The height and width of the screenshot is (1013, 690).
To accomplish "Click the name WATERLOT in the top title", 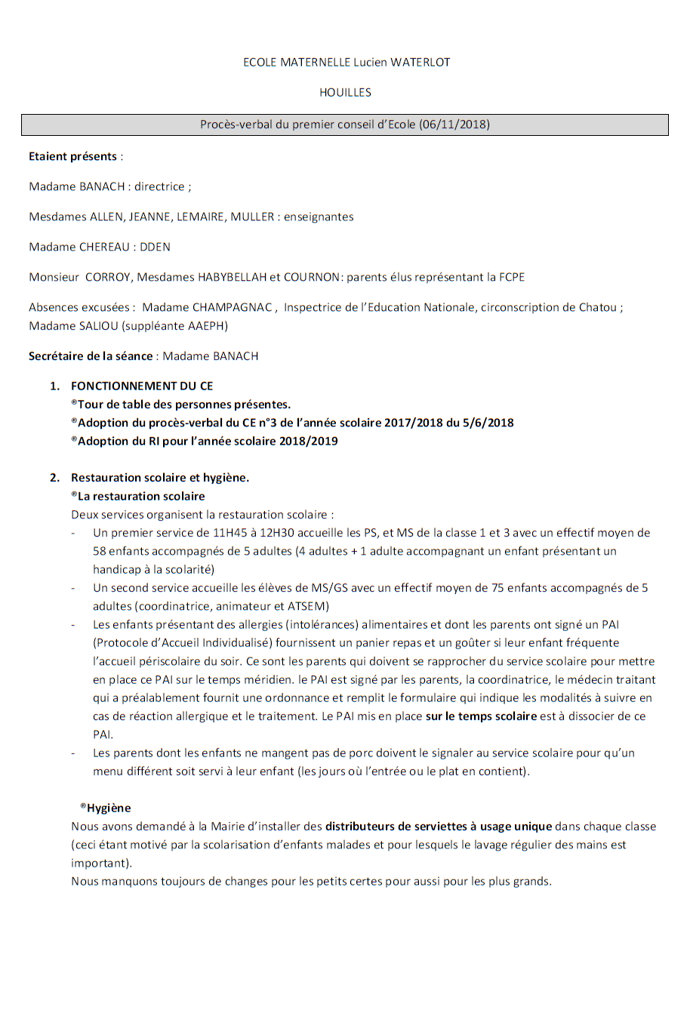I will (x=420, y=63).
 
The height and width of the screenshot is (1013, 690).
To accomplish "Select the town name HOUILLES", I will (x=345, y=93).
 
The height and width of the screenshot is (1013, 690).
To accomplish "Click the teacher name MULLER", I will (x=252, y=217).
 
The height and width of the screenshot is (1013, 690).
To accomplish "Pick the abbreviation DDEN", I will (x=155, y=247).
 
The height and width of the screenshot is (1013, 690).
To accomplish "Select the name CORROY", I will (x=109, y=277).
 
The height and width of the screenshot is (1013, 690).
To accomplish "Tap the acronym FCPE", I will (x=511, y=277).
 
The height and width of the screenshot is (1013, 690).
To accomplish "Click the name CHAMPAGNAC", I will (x=235, y=307).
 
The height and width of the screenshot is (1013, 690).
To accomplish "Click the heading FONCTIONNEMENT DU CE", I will (x=142, y=386).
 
